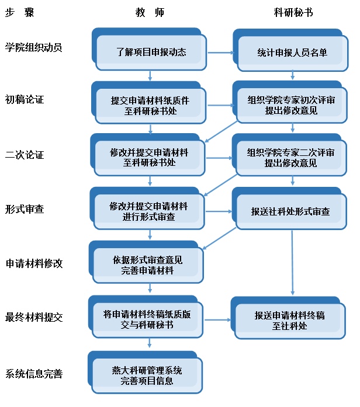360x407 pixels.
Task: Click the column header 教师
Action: [x=150, y=13]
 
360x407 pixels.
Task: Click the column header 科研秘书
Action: [x=293, y=13]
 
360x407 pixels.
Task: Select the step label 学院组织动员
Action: [x=33, y=47]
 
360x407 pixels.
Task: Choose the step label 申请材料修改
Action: [x=33, y=263]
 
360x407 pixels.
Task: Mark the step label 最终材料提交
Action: [x=33, y=318]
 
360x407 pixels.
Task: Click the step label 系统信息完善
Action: [x=33, y=374]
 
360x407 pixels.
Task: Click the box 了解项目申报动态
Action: [x=151, y=53]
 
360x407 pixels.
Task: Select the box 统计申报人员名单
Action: [x=292, y=53]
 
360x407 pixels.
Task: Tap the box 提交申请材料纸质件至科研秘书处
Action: [x=150, y=105]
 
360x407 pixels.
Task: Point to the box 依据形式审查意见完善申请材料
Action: [x=147, y=265]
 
